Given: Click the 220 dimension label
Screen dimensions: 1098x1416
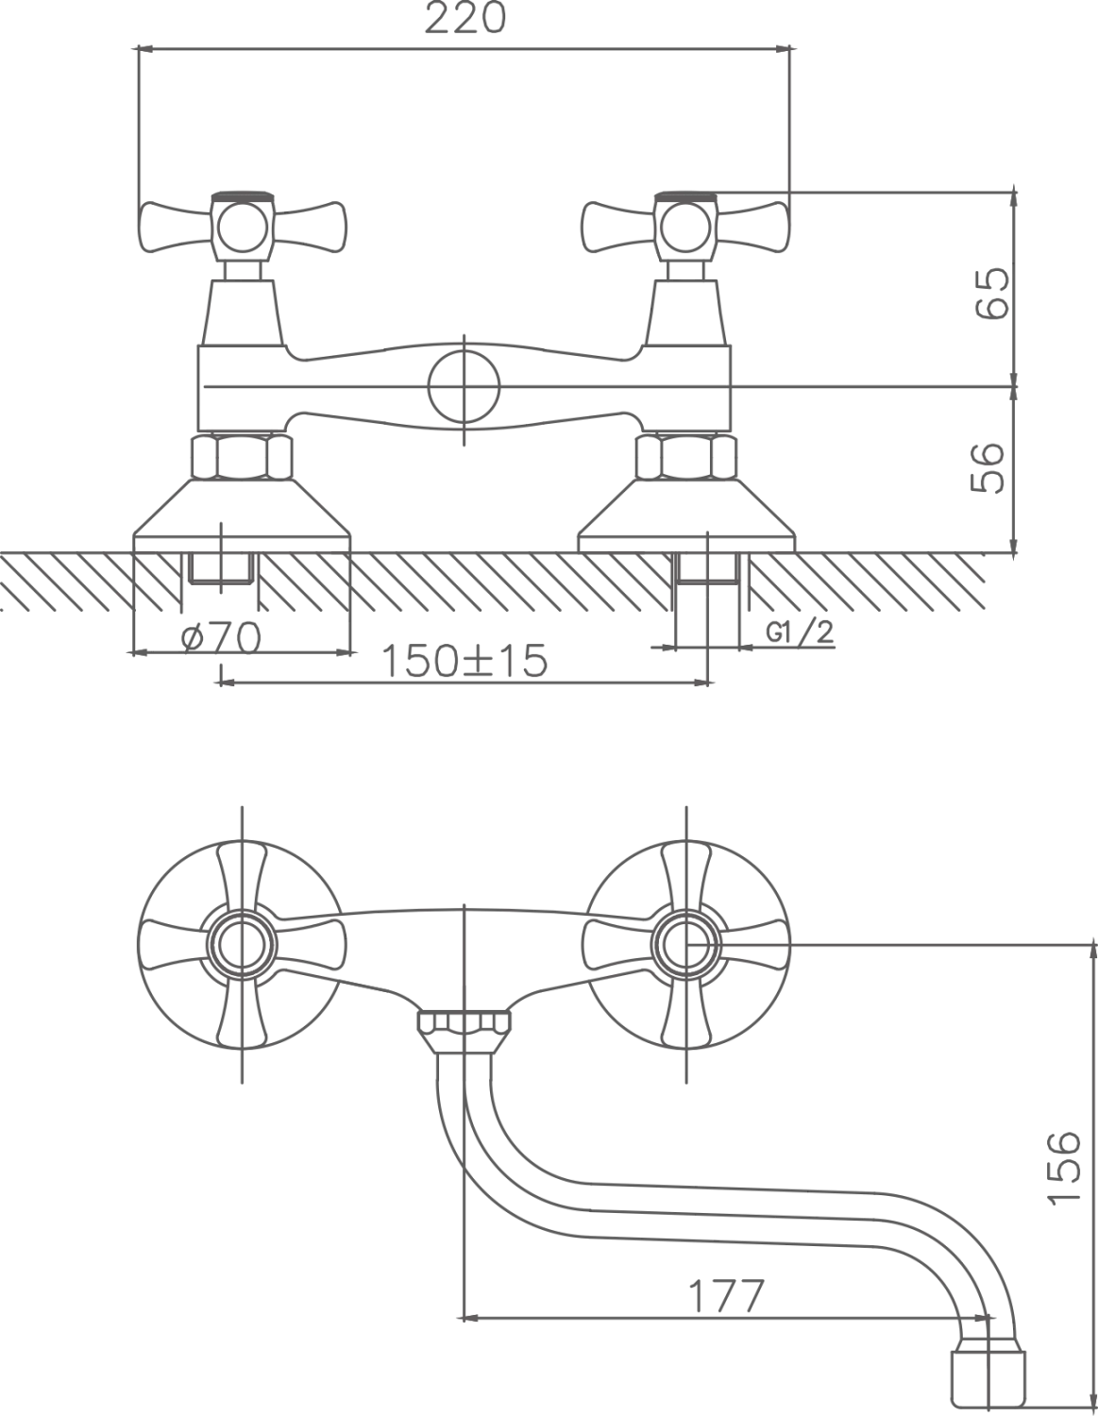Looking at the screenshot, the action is click(465, 19).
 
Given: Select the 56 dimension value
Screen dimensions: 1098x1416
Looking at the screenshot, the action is click(988, 468).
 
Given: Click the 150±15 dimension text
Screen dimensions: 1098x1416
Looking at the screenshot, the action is click(464, 661).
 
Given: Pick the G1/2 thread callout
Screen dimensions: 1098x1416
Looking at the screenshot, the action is click(800, 632).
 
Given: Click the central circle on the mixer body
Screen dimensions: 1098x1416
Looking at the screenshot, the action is click(464, 389).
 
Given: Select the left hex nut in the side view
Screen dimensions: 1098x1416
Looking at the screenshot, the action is click(242, 458).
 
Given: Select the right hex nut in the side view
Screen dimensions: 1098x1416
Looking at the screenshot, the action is click(686, 458).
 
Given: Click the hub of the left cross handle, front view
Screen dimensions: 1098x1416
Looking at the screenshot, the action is click(242, 945).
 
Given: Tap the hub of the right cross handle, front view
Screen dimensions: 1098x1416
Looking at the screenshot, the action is click(686, 945).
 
